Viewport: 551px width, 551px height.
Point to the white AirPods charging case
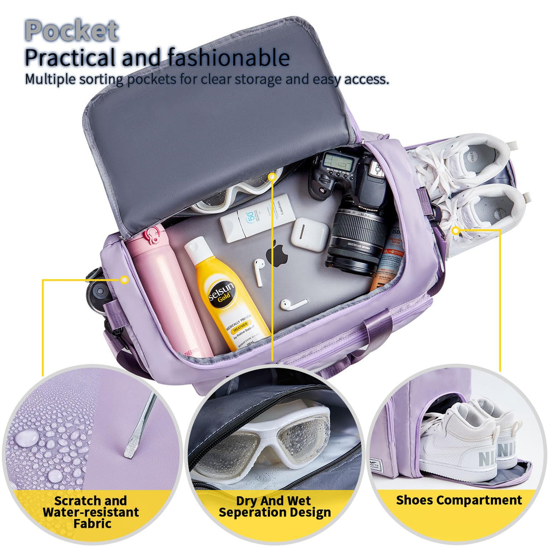[310, 234]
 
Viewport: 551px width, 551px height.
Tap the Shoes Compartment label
[459, 500]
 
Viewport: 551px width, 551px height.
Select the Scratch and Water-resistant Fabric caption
[90, 512]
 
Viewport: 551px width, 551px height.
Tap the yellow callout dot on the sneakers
[456, 231]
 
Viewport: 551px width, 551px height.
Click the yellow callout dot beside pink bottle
[124, 280]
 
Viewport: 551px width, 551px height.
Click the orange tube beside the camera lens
[390, 260]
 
